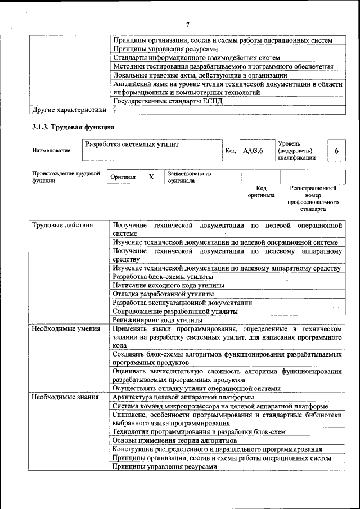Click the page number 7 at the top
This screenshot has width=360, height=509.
pos(188,24)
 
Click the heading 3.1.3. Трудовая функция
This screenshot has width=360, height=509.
pos(73,127)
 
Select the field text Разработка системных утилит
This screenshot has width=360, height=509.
pos(132,145)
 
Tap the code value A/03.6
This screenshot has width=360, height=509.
pos(253,151)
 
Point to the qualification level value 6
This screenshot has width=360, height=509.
pos(336,151)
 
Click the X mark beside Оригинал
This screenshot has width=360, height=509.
pos(151,177)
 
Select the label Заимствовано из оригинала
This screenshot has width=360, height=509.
pos(188,178)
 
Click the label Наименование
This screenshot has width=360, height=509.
pos(51,151)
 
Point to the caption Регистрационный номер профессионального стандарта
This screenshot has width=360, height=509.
pos(313,199)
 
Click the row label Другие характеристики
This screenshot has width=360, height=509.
pos(69,110)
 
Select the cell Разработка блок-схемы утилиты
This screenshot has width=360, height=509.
pos(163,277)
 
